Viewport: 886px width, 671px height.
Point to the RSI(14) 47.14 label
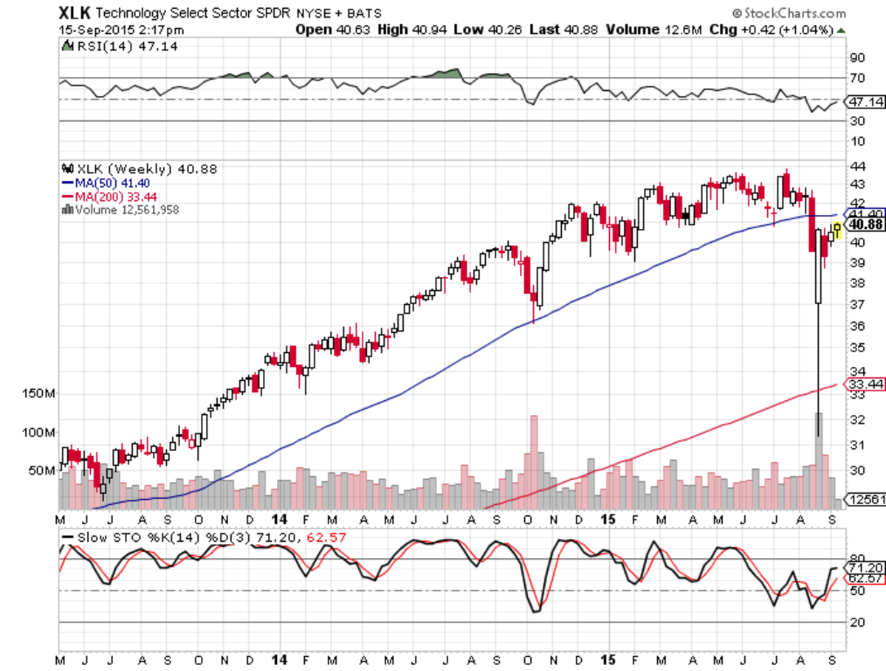tap(122, 46)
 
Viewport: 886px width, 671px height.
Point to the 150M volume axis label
tap(39, 394)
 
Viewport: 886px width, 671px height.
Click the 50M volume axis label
tap(42, 470)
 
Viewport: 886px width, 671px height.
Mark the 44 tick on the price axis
tap(857, 165)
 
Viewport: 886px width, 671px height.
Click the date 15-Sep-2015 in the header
tap(91, 30)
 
